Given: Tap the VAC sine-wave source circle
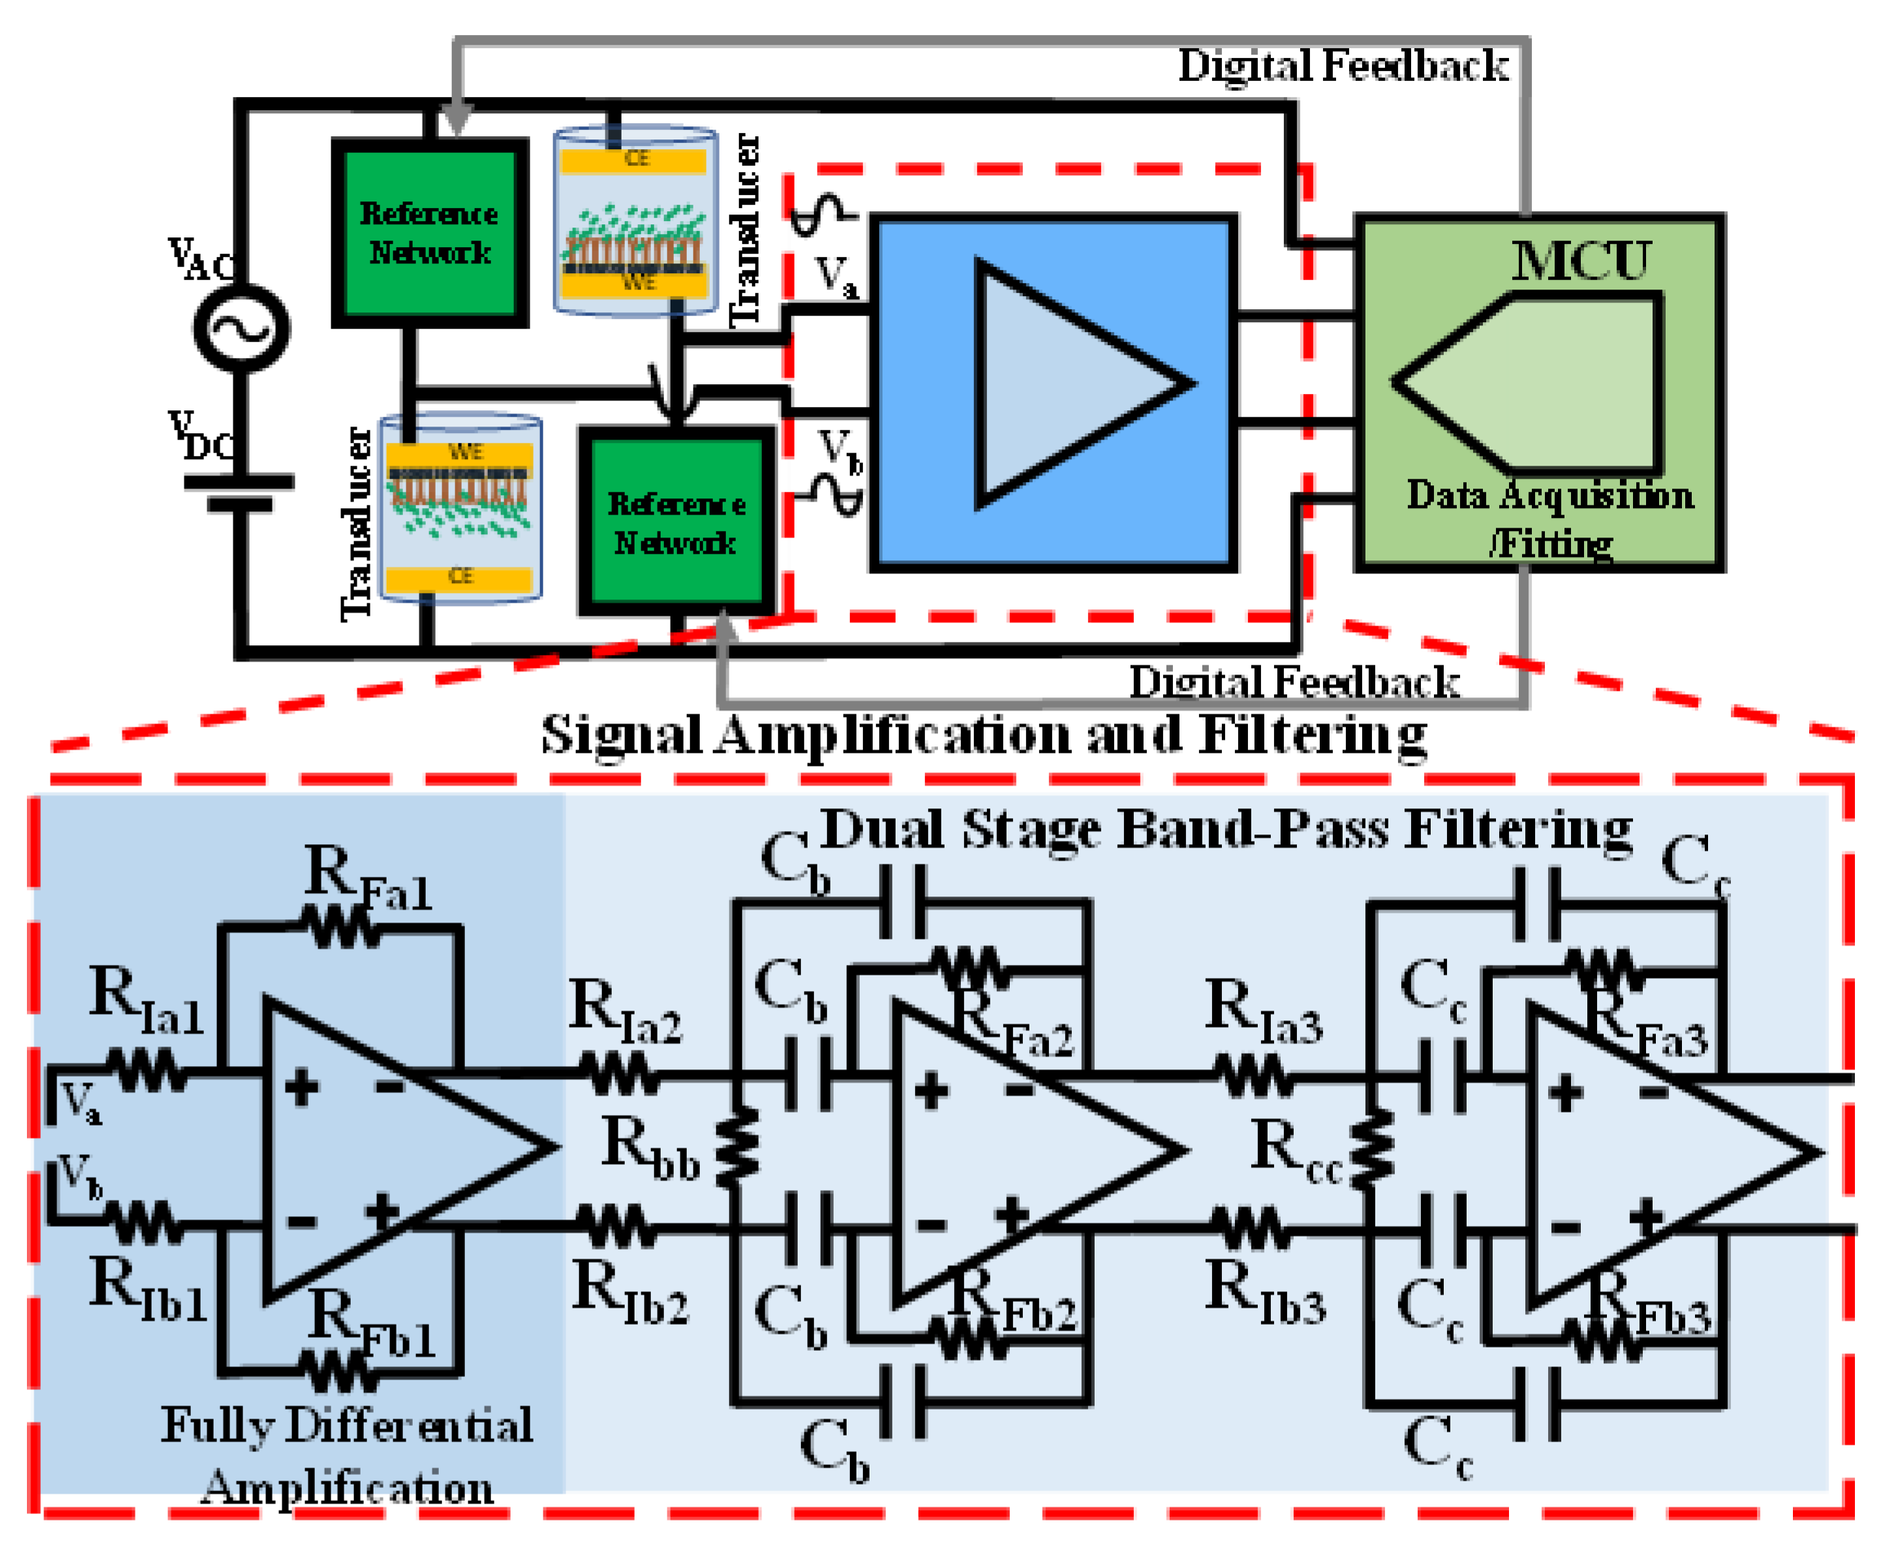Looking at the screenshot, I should coord(241,327).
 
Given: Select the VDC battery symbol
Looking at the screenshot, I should coord(239,493).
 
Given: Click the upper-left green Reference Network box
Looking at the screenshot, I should coord(429,233).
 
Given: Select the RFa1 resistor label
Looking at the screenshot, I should coord(368,879).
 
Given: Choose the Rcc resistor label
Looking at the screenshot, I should coord(1295,1153).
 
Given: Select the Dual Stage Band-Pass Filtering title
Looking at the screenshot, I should coord(1225,830).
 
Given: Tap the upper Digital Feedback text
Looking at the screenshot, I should coord(1342,66).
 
